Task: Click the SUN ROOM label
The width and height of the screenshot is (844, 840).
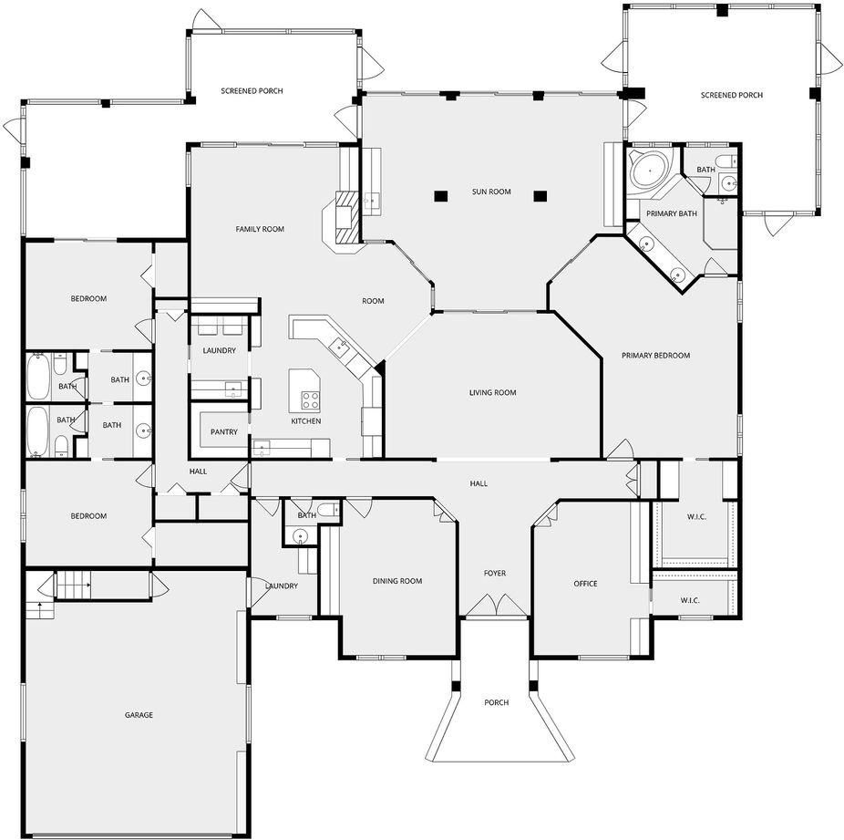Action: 491,192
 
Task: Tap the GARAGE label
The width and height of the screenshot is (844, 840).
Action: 139,715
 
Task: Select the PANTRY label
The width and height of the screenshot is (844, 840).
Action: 224,431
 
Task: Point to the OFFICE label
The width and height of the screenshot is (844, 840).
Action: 586,584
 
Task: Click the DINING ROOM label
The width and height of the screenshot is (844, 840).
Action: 397,581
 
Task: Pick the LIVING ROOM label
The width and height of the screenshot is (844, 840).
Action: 492,393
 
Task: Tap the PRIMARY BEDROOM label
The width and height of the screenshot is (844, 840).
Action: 655,356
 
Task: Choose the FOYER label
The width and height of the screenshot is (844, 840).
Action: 495,574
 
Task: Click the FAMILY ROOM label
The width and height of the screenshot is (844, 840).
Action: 260,230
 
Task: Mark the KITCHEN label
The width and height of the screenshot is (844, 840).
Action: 306,421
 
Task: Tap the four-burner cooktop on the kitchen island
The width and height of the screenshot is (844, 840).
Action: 310,400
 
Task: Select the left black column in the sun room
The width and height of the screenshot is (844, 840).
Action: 441,196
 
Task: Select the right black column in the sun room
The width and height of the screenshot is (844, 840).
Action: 540,196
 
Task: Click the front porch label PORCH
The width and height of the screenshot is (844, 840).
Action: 496,702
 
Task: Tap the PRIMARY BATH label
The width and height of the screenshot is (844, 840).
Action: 672,213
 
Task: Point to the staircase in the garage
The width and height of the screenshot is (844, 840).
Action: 74,583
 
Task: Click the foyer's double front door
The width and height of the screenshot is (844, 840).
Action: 496,605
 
